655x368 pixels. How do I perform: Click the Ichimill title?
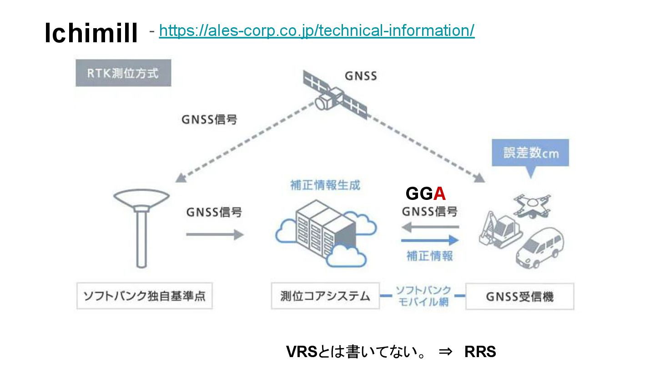tap(91, 34)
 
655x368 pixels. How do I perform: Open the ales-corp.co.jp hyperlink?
tap(317, 30)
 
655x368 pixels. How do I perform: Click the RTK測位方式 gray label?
tap(123, 73)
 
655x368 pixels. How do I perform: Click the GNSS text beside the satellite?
tap(361, 76)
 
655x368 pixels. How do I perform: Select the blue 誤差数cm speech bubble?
tap(530, 153)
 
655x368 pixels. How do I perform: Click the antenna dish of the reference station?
tap(141, 198)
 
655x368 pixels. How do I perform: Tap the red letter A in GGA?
tap(439, 194)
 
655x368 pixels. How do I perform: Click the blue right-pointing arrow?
tap(430, 240)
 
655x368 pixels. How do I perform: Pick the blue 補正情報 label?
tap(430, 256)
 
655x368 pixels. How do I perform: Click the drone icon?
tap(532, 204)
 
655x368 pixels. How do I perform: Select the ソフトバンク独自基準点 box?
tap(144, 297)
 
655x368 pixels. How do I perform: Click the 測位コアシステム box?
tap(325, 297)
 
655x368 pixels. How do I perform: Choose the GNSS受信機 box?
tap(519, 297)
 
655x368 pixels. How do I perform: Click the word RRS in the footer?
tap(480, 352)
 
